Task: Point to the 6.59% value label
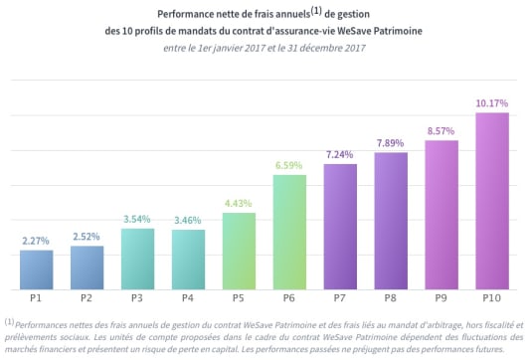click(289, 164)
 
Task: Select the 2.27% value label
click(37, 240)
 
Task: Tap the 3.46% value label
click(188, 219)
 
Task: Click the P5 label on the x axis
click(239, 298)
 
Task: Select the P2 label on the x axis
click(88, 298)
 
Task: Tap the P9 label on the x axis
click(442, 298)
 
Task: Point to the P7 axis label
click(340, 298)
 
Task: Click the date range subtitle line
click(265, 49)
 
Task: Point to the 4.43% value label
click(239, 203)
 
